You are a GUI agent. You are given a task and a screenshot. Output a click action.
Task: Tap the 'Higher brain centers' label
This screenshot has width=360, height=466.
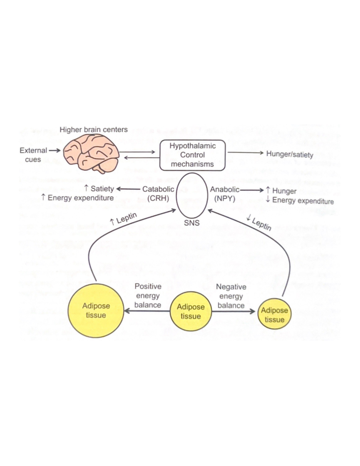(94, 130)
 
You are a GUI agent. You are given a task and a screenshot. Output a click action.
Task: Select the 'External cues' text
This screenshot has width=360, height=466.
(33, 155)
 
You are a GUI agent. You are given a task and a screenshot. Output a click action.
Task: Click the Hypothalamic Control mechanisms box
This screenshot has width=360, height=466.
(192, 155)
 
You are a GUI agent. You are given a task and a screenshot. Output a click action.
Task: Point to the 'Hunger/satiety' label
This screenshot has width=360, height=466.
(289, 154)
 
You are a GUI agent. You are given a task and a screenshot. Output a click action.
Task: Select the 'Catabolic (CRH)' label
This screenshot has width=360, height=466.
(158, 194)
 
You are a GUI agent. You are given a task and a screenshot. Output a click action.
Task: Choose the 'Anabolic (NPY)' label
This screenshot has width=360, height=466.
(225, 194)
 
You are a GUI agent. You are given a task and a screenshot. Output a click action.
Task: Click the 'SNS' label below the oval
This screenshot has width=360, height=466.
(192, 223)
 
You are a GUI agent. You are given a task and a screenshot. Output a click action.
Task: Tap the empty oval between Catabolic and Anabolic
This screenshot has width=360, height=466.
(192, 195)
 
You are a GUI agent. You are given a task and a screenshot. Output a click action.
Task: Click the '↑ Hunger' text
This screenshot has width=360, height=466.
(281, 191)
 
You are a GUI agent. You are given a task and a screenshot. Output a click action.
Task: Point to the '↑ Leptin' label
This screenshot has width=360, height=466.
(123, 219)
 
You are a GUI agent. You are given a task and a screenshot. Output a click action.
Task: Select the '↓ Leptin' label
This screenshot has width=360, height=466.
(259, 223)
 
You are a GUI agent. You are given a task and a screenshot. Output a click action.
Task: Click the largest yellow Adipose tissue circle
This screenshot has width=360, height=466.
(96, 310)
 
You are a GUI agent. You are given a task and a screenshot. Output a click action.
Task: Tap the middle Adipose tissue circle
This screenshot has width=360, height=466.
(190, 311)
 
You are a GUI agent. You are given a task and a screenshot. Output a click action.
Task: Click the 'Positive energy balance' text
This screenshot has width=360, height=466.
(148, 296)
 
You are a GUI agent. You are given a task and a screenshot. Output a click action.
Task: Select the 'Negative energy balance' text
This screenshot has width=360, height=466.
(231, 296)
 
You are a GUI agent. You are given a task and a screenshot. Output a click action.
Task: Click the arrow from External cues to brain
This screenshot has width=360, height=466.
(55, 150)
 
